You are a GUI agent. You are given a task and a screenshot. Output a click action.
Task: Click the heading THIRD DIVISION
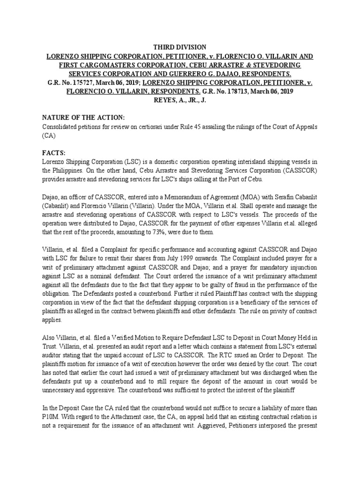pyautogui.click(x=180, y=47)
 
